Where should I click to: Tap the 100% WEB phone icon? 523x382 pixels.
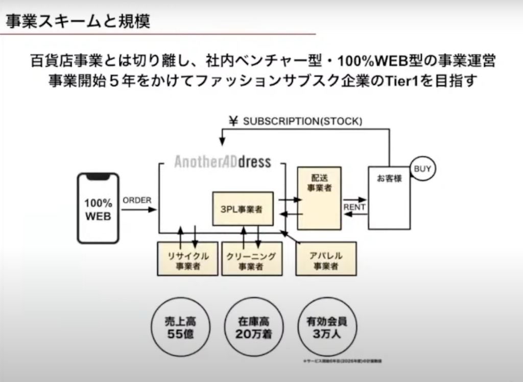point(98,209)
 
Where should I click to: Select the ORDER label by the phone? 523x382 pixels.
point(137,200)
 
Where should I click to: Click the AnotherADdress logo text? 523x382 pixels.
point(222,162)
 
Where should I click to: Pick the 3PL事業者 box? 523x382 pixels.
point(243,209)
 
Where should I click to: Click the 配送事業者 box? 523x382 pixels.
point(319,198)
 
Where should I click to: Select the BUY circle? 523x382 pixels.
point(422,169)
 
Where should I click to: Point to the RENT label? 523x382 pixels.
point(354,207)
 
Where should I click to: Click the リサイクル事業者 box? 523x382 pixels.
point(187,260)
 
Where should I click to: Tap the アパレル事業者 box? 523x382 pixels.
point(326,260)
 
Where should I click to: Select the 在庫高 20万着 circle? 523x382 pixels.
point(253,328)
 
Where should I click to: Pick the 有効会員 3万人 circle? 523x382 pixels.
point(327,328)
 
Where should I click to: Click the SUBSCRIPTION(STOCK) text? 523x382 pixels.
point(302,121)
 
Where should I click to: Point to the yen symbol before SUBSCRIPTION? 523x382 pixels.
point(234,121)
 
